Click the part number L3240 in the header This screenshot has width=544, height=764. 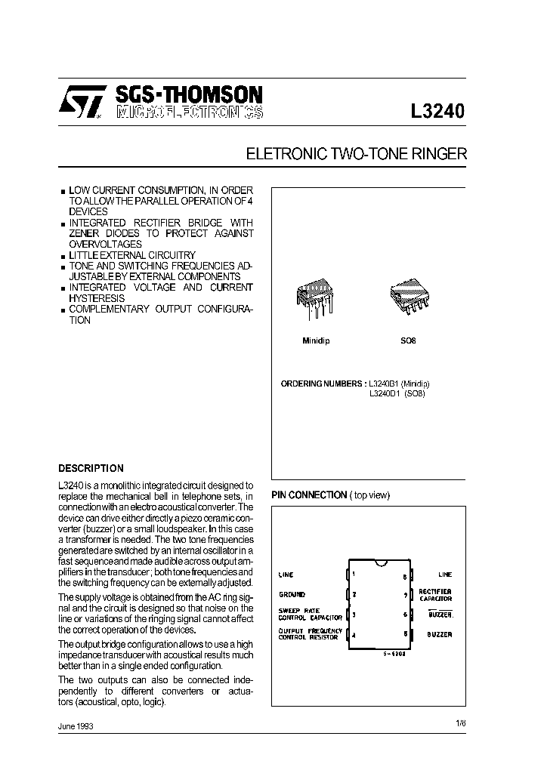pos(437,111)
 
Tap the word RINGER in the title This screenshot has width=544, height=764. pos(439,153)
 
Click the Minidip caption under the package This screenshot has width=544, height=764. pos(316,340)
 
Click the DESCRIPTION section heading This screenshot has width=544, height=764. pos(91,468)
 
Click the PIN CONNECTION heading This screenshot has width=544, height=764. pos(309,494)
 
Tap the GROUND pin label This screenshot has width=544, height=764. pos(292,594)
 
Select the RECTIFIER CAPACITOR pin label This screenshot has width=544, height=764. pos(435,594)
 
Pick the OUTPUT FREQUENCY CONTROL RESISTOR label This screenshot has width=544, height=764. pos(310,634)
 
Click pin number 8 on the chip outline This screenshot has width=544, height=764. pos(405,577)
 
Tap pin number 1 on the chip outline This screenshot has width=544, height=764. pos(354,575)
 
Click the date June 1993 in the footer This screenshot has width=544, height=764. pos(76,725)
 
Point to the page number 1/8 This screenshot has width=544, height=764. pos(461,723)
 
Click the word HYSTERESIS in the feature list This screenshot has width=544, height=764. pos(97,298)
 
